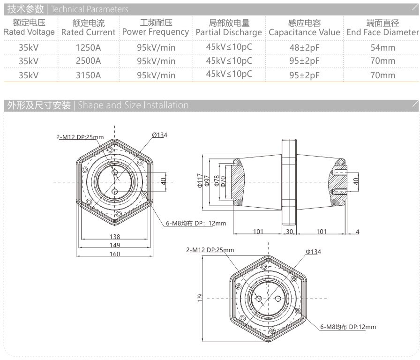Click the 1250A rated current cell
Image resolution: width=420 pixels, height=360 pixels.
[x=89, y=47]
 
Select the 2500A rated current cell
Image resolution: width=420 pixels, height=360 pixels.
[x=89, y=61]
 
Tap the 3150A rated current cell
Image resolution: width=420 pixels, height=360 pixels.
[x=89, y=75]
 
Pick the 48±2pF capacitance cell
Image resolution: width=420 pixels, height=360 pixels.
[x=304, y=47]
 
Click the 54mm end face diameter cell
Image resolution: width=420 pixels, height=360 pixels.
[x=383, y=47]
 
